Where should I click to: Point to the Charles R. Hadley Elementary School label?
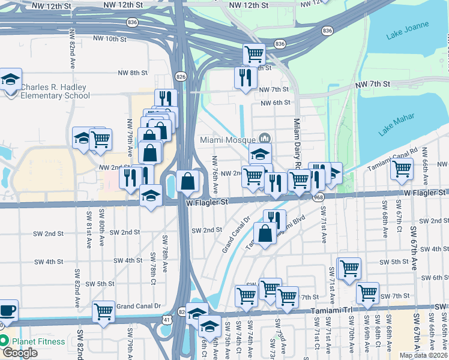(x=54, y=91)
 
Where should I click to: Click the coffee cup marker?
(x=7, y=311)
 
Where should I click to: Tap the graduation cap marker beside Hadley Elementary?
(x=10, y=79)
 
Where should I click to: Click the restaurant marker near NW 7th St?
(x=246, y=77)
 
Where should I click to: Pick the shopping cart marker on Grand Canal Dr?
(x=104, y=311)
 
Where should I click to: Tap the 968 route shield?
(x=318, y=196)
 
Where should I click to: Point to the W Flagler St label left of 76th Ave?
(x=208, y=203)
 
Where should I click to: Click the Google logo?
(x=19, y=353)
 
